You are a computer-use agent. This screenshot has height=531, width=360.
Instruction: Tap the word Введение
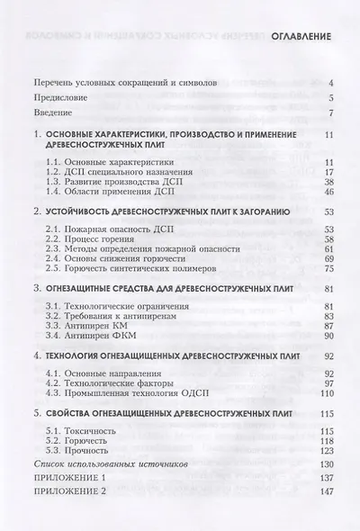[56, 113]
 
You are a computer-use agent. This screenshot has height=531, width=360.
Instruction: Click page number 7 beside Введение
[331, 113]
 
